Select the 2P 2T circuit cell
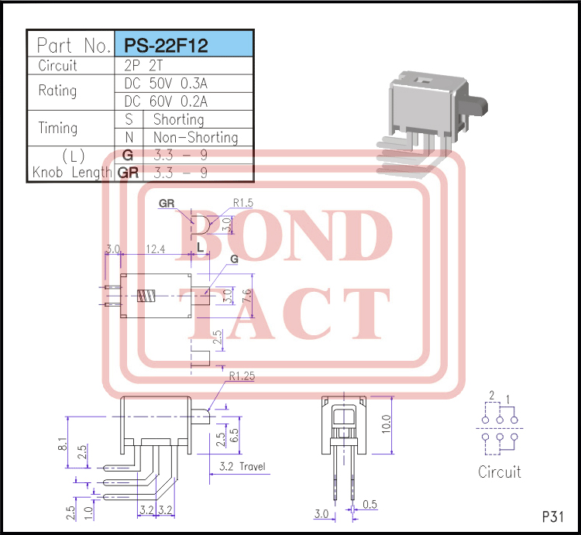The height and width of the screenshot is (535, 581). (x=143, y=66)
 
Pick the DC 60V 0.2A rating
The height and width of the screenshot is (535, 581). (x=166, y=101)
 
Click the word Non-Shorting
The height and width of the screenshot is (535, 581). (x=195, y=138)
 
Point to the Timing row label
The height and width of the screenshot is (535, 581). (x=58, y=129)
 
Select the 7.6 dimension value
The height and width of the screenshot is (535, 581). (x=246, y=297)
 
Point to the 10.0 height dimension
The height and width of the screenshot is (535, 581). (x=386, y=424)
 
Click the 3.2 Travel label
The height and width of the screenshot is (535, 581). (x=242, y=467)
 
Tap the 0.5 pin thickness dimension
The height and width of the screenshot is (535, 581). (x=370, y=505)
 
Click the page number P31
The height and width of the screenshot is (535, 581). (x=553, y=516)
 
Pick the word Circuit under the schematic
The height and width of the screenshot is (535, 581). (x=500, y=472)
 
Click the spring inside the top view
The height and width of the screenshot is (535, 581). (x=146, y=297)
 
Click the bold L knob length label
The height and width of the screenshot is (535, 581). (x=200, y=247)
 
